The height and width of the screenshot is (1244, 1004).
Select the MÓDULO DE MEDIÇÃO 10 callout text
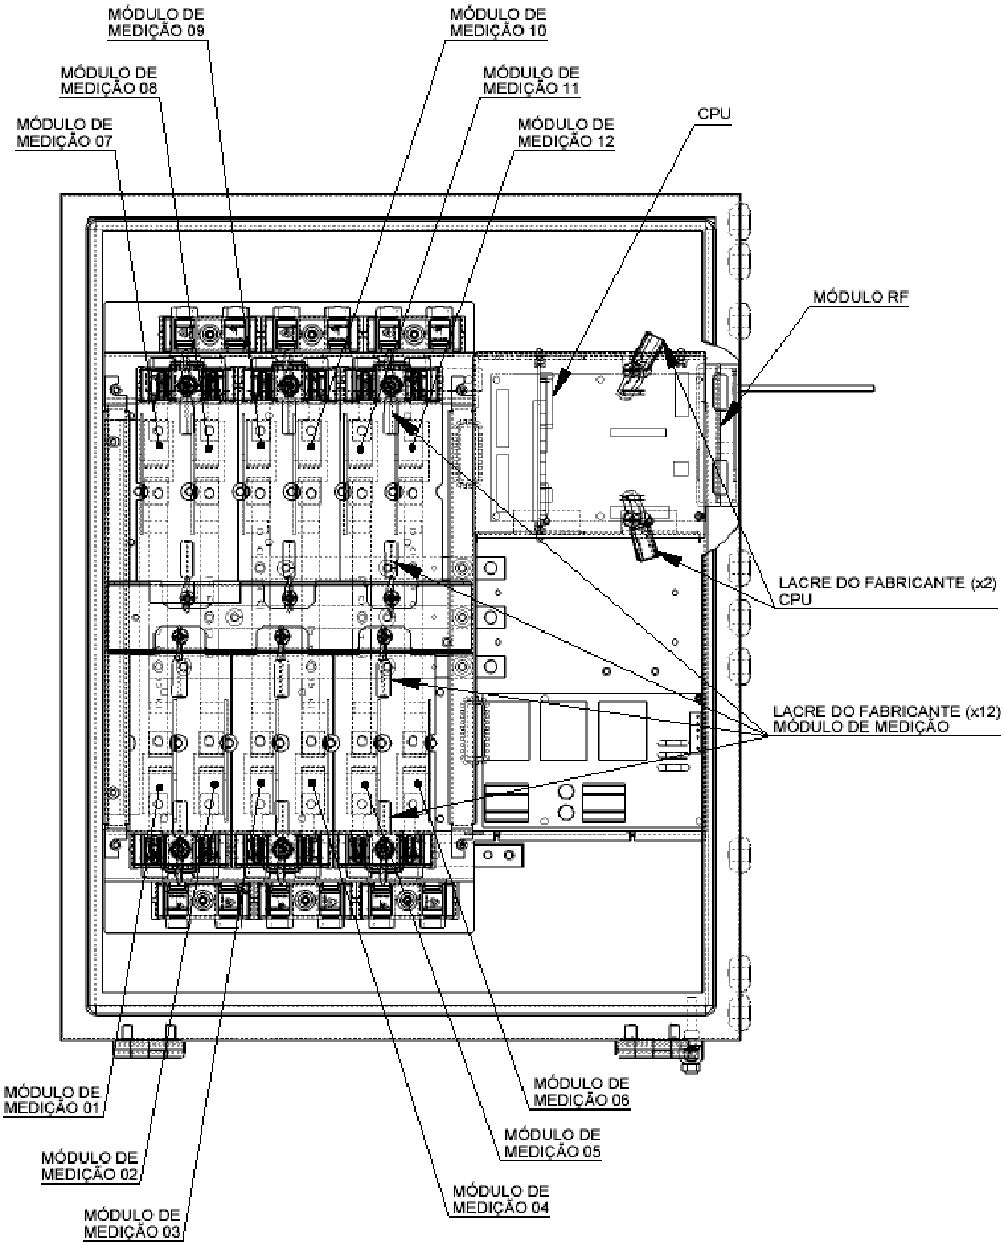[x=498, y=22]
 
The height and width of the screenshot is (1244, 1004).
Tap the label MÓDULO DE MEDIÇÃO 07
[x=64, y=132]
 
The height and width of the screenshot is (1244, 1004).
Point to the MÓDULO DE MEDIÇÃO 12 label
[x=566, y=132]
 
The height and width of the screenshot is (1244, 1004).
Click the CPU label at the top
[x=714, y=114]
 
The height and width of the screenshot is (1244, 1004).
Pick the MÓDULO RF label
[x=861, y=297]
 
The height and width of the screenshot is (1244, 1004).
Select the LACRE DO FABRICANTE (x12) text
[x=887, y=711]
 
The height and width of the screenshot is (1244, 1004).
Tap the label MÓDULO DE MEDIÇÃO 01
[x=52, y=1099]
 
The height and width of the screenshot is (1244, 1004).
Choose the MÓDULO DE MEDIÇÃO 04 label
[x=501, y=1198]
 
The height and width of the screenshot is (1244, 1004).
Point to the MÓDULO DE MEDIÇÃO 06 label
[x=581, y=1091]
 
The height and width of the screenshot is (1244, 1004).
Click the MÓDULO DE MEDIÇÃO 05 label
[x=552, y=1143]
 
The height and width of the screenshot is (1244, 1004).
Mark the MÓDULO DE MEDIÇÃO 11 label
[x=531, y=80]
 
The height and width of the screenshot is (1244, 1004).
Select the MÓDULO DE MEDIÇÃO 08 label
[x=109, y=80]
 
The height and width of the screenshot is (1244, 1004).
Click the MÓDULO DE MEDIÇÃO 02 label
[x=90, y=1166]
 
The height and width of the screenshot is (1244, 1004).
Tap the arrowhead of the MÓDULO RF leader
[x=731, y=414]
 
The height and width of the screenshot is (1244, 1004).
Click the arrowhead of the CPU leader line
[x=560, y=382]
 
